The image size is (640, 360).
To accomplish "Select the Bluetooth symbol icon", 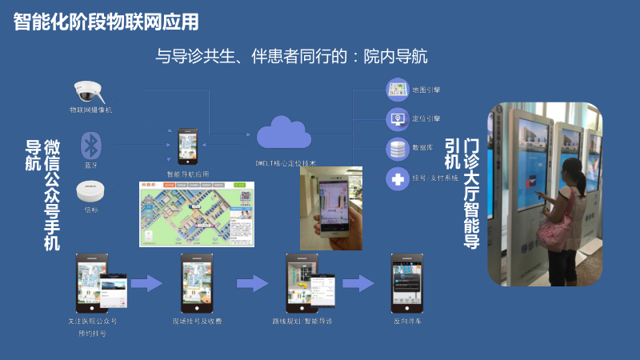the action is tap(91, 145).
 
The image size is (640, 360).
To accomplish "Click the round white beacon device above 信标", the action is tap(90, 193).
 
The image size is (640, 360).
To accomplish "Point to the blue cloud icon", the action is tap(283, 133).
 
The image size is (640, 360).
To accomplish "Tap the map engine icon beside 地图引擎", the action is tap(398, 89).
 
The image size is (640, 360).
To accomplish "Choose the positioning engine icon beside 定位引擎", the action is tap(398, 118).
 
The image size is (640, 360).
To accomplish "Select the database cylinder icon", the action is tap(398, 148).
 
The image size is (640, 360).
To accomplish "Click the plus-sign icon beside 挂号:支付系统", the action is tap(398, 178).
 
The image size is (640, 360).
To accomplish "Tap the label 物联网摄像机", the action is tap(90, 110).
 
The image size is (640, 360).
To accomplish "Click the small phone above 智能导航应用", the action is tap(186, 146).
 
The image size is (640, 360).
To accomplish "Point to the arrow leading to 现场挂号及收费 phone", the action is tap(146, 282).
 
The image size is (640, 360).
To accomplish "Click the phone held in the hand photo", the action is tap(333, 203).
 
